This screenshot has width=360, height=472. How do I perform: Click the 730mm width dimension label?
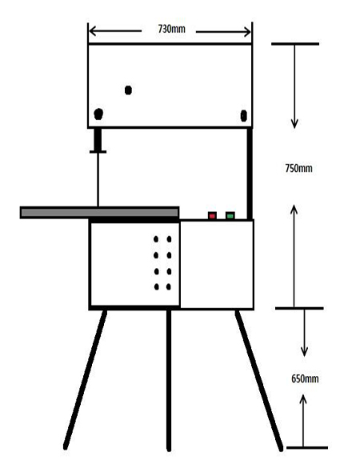point(171,29)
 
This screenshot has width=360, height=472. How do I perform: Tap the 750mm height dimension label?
point(299,168)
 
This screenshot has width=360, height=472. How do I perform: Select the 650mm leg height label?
point(305,378)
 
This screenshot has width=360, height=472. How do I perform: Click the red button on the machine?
point(212,216)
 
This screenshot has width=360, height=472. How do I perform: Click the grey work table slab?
point(100,213)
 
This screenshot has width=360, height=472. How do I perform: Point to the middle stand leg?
point(169,380)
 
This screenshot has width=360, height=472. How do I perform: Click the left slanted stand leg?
point(85,379)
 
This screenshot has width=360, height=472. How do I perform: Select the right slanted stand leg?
point(259,380)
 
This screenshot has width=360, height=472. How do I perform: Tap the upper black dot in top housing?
point(128,90)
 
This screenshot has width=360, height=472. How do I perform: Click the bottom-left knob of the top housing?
point(98,114)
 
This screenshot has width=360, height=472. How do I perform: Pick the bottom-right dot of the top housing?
point(244,115)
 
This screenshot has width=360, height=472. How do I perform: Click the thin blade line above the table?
point(98,180)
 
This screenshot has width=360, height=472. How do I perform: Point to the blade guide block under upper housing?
point(98,141)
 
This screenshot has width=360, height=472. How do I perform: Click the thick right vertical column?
point(250,174)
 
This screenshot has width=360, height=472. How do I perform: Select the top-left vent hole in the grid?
point(156,239)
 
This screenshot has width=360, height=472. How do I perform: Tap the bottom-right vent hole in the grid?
point(169,286)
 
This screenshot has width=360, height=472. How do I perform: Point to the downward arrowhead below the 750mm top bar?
point(294,123)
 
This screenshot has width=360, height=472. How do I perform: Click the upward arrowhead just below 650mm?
point(303,400)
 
